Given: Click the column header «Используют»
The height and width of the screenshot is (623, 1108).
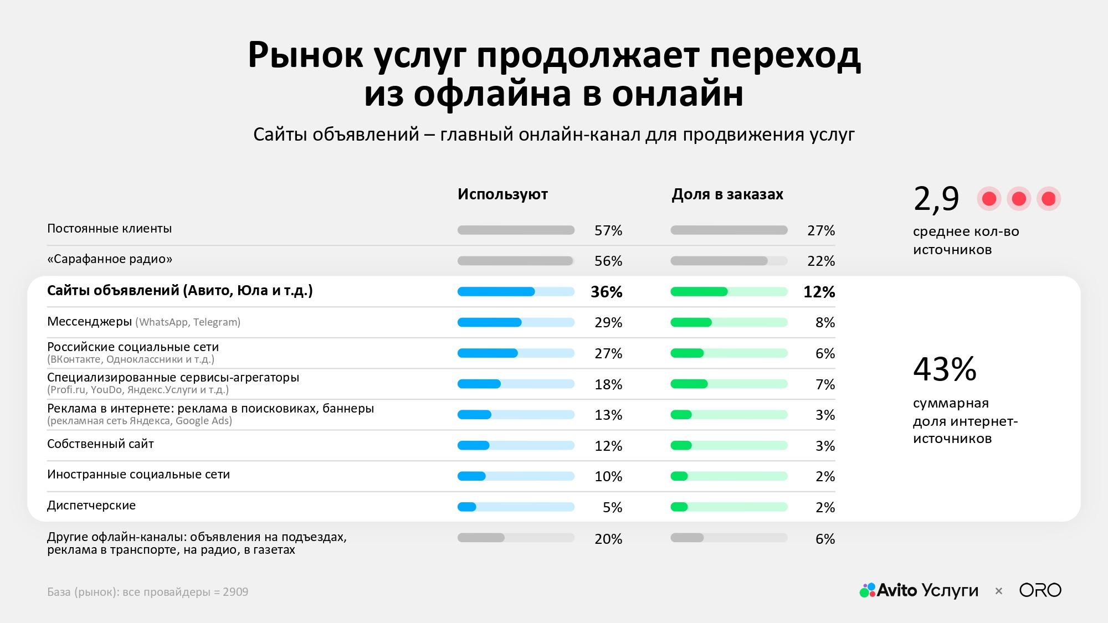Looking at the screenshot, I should [x=502, y=194].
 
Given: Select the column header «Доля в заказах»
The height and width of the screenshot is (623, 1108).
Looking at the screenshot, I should [x=727, y=194].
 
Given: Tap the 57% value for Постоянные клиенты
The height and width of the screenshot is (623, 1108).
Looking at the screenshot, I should [x=608, y=230].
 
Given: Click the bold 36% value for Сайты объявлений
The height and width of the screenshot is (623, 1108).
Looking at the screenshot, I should [x=606, y=292].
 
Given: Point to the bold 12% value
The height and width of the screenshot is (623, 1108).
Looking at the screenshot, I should [x=819, y=292].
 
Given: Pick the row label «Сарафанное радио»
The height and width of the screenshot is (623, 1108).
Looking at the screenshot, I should [x=110, y=259].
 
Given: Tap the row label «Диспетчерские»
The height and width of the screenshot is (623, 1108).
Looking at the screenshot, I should [x=91, y=505].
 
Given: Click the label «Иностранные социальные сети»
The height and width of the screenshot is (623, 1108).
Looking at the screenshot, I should [x=138, y=475].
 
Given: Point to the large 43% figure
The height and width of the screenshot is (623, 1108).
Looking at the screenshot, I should [x=945, y=369].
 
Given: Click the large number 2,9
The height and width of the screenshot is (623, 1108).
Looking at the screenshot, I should [x=936, y=199].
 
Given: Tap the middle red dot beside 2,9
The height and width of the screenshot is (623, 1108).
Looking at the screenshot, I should [x=1019, y=199].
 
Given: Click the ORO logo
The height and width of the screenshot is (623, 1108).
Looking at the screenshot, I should [x=1040, y=590].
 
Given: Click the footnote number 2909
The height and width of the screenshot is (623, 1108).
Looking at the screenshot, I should [x=235, y=592].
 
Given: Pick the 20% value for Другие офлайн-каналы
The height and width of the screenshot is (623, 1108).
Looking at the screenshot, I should [x=608, y=539].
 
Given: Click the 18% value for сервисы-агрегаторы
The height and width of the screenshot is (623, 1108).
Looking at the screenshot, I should [x=608, y=384].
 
